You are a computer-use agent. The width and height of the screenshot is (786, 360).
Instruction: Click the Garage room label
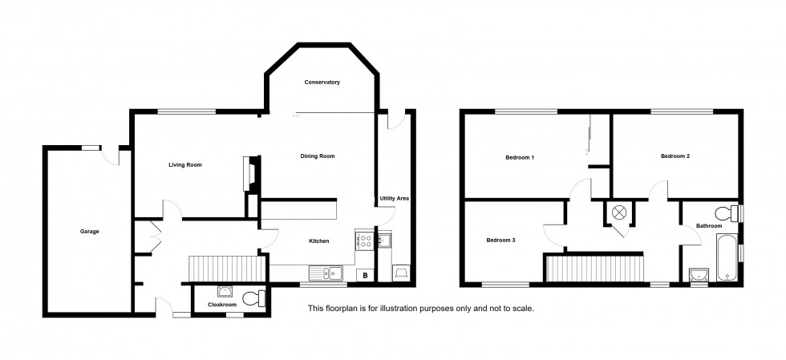[89, 232]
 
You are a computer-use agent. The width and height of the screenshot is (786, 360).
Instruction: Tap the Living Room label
[184, 165]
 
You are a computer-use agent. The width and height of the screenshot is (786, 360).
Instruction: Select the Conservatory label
[322, 83]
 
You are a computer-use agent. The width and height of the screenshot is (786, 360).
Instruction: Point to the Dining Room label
[317, 156]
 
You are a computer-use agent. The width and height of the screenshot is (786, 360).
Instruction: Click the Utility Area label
[395, 197]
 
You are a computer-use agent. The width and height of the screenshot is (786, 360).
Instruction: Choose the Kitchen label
[321, 241]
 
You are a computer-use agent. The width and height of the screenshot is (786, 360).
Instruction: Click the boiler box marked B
[366, 276]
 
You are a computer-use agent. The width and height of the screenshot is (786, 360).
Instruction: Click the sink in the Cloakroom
[224, 293]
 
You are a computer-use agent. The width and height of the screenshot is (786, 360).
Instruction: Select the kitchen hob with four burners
[364, 239]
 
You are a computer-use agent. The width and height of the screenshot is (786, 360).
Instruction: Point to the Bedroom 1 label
[520, 157]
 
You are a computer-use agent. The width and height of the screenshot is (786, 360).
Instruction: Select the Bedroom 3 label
[501, 240]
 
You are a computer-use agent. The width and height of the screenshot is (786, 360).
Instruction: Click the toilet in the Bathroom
[727, 213]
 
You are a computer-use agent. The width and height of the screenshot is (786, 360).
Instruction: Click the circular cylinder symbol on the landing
[619, 213]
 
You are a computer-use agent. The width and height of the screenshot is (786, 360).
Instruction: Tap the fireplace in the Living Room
[249, 173]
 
